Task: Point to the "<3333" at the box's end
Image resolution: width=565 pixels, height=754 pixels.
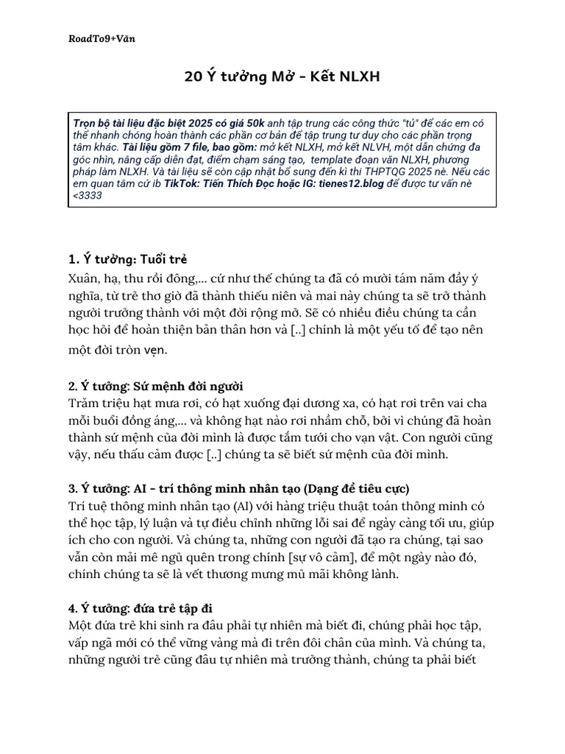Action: (88, 196)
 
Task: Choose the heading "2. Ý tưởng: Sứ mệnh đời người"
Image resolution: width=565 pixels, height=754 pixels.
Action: (155, 387)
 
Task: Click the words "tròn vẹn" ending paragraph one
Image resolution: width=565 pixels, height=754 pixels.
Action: (143, 350)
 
